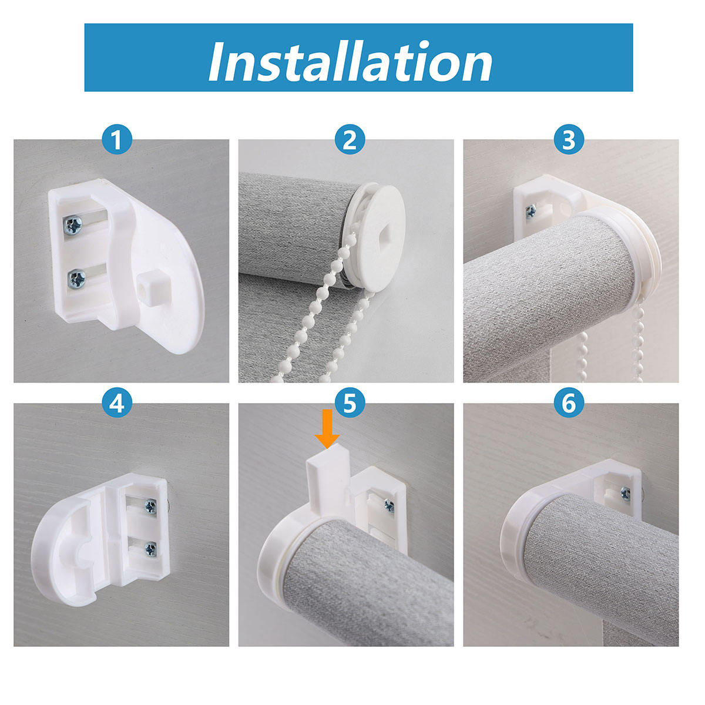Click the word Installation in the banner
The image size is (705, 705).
pyautogui.click(x=350, y=62)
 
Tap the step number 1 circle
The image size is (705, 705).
pyautogui.click(x=117, y=141)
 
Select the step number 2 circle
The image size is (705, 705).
pyautogui.click(x=350, y=141)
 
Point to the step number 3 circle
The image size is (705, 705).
pyautogui.click(x=569, y=141)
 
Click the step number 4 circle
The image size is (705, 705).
pyautogui.click(x=117, y=404)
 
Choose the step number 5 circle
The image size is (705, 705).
pyautogui.click(x=350, y=404)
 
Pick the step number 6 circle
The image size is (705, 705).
pyautogui.click(x=569, y=404)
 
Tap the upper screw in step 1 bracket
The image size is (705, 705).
pyautogui.click(x=75, y=224)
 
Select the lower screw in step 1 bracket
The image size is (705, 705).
pyautogui.click(x=76, y=278)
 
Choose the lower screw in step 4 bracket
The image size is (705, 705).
pyautogui.click(x=150, y=549)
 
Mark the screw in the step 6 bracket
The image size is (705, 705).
pyautogui.click(x=625, y=493)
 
